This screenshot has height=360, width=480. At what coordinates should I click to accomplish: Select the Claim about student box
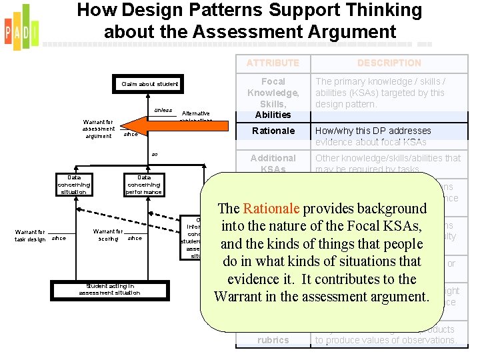pos(150,84)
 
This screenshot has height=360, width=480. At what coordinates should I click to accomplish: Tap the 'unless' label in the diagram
pos(163,110)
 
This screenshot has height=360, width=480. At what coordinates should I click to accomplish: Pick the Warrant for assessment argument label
pos(99,129)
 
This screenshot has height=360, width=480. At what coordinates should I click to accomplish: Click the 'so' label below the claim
pos(154,155)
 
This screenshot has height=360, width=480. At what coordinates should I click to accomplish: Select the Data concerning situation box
pos(73,184)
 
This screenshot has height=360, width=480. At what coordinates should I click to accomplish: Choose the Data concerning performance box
pos(144,184)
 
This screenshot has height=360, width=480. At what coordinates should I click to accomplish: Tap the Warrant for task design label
pos(31,235)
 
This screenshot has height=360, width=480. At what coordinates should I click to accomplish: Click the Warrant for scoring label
pos(108,235)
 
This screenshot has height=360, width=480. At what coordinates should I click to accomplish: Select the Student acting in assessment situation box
pos(109,289)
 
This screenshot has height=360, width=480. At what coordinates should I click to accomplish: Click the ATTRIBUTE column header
pos(273,63)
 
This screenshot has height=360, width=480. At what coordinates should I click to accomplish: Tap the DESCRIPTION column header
pos(389,63)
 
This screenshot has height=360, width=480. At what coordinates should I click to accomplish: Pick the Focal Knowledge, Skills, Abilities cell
pos(273,98)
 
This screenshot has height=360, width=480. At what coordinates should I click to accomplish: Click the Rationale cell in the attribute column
pos(273,131)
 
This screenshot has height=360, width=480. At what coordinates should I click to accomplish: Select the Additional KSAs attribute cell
pos(273,163)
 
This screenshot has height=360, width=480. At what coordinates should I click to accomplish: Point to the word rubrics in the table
pos(273,340)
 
